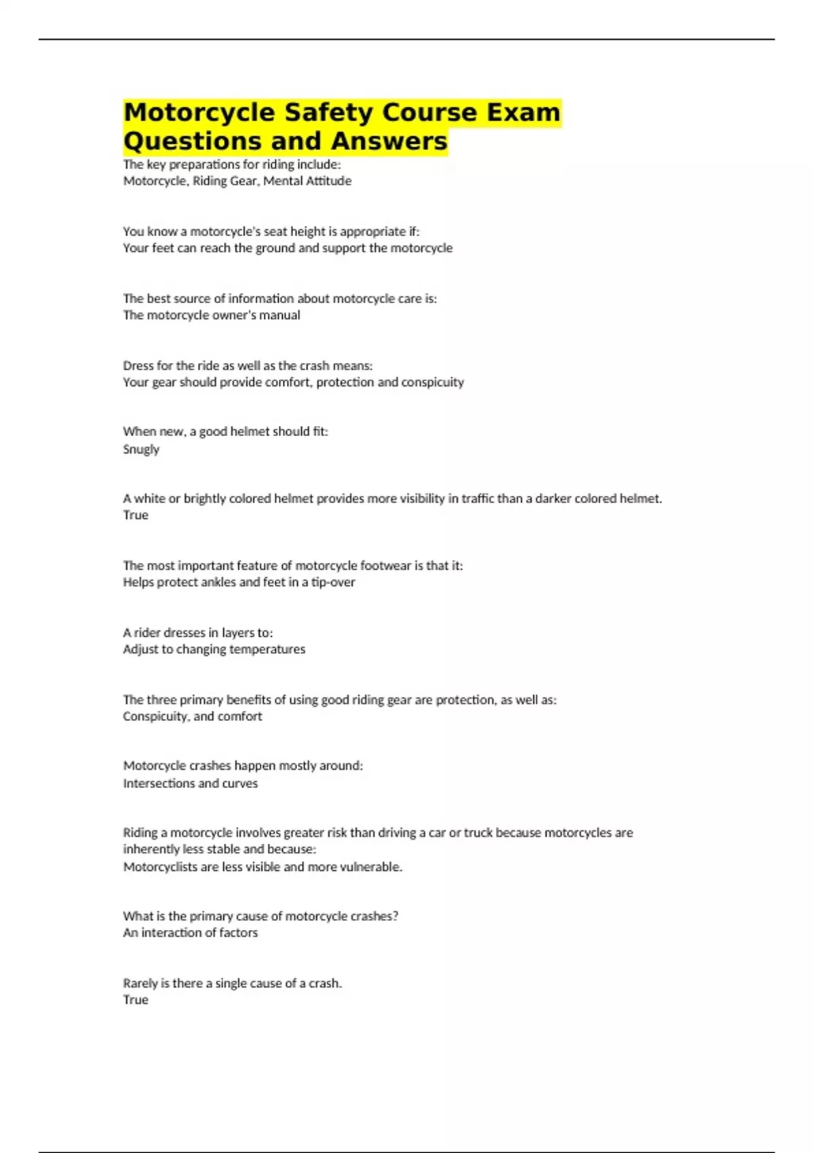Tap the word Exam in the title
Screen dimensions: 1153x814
[x=523, y=113]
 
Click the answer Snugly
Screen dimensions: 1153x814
[x=141, y=449]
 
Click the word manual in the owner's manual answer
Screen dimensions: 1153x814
[x=279, y=315]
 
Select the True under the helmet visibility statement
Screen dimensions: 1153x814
[x=136, y=515]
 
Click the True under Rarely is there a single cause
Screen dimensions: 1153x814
[x=136, y=1000]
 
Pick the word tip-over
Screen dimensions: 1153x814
[x=333, y=582]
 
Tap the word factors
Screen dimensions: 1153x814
[x=237, y=933]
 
